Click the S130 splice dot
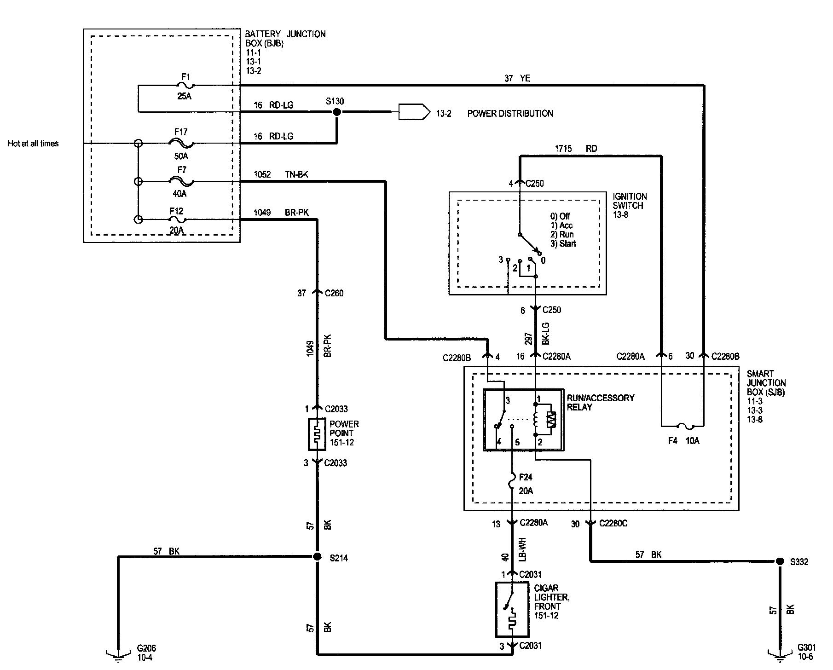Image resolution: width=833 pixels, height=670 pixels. (337, 112)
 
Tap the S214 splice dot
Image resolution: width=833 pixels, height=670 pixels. (317, 557)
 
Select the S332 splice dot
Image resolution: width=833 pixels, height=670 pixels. (780, 561)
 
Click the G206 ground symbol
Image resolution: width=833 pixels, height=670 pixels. (118, 655)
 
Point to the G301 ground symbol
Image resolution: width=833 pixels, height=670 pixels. (780, 655)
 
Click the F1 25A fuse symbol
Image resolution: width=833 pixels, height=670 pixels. (185, 85)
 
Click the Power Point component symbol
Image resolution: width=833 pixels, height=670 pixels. (317, 434)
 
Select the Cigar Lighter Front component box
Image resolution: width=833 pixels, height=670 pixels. (512, 608)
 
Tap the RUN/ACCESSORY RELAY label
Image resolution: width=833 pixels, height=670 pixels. (601, 402)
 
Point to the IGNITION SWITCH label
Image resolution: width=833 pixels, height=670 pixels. (630, 201)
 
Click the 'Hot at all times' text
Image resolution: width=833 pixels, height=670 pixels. (33, 144)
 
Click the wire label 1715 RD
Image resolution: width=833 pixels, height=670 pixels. (576, 149)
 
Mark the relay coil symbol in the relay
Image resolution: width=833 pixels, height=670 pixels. (535, 419)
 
